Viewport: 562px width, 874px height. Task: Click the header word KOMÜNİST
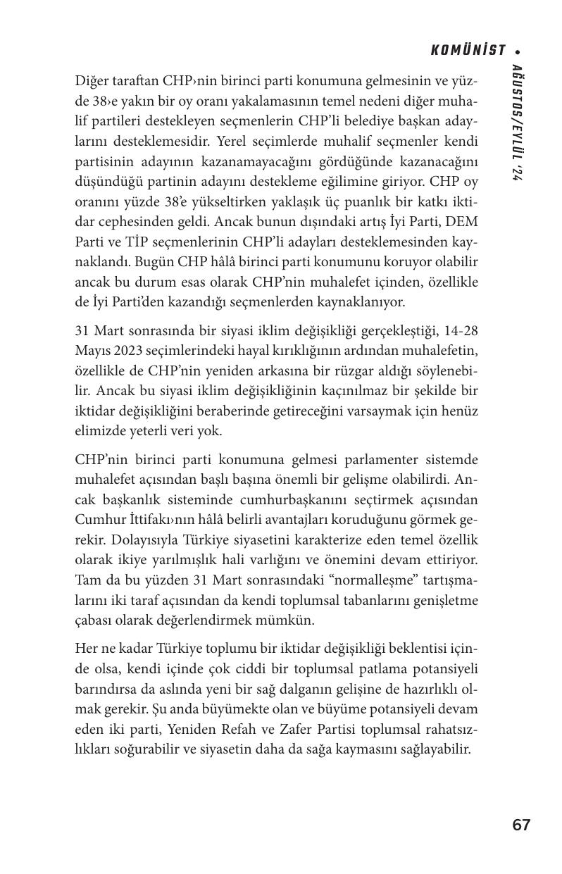468,51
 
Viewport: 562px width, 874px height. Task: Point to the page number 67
521,825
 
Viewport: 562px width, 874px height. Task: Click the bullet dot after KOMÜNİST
518,51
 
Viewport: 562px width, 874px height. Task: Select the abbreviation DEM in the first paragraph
463,222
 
